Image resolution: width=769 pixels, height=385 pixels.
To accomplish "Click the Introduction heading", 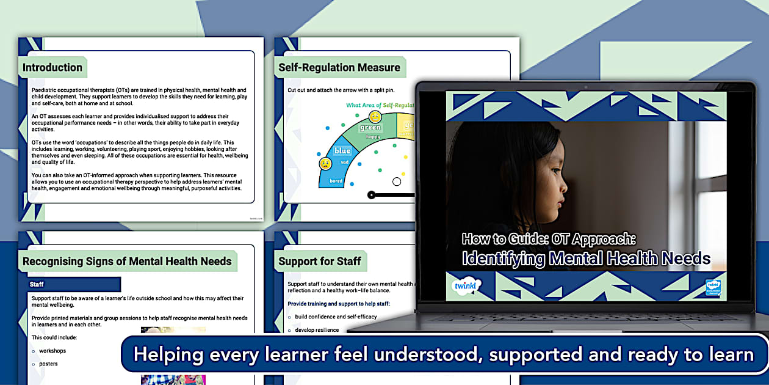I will tap(52, 68).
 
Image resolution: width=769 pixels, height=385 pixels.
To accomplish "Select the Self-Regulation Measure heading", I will tap(339, 68).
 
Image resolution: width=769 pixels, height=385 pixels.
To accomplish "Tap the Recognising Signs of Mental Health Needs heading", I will tap(127, 262).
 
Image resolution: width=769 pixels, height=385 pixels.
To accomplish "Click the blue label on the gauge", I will tap(342, 151).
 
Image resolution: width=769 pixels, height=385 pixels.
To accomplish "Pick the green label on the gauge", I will tap(370, 128).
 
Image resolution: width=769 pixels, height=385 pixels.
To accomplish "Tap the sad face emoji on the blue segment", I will tap(326, 164).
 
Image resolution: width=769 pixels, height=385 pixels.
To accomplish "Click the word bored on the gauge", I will tap(336, 181).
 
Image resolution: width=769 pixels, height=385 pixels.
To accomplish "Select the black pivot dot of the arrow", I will tap(371, 195).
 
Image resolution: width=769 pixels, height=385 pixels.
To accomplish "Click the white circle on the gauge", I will tap(397, 182).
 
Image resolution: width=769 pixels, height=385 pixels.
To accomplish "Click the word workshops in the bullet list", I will tap(52, 351).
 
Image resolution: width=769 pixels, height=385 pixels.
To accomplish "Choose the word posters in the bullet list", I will tap(48, 364).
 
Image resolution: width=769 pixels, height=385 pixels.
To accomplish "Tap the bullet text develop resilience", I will tap(317, 330).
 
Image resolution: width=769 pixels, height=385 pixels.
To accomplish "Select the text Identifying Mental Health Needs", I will tap(586, 258).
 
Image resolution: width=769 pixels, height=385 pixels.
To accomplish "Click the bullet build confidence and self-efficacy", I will tap(336, 317).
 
